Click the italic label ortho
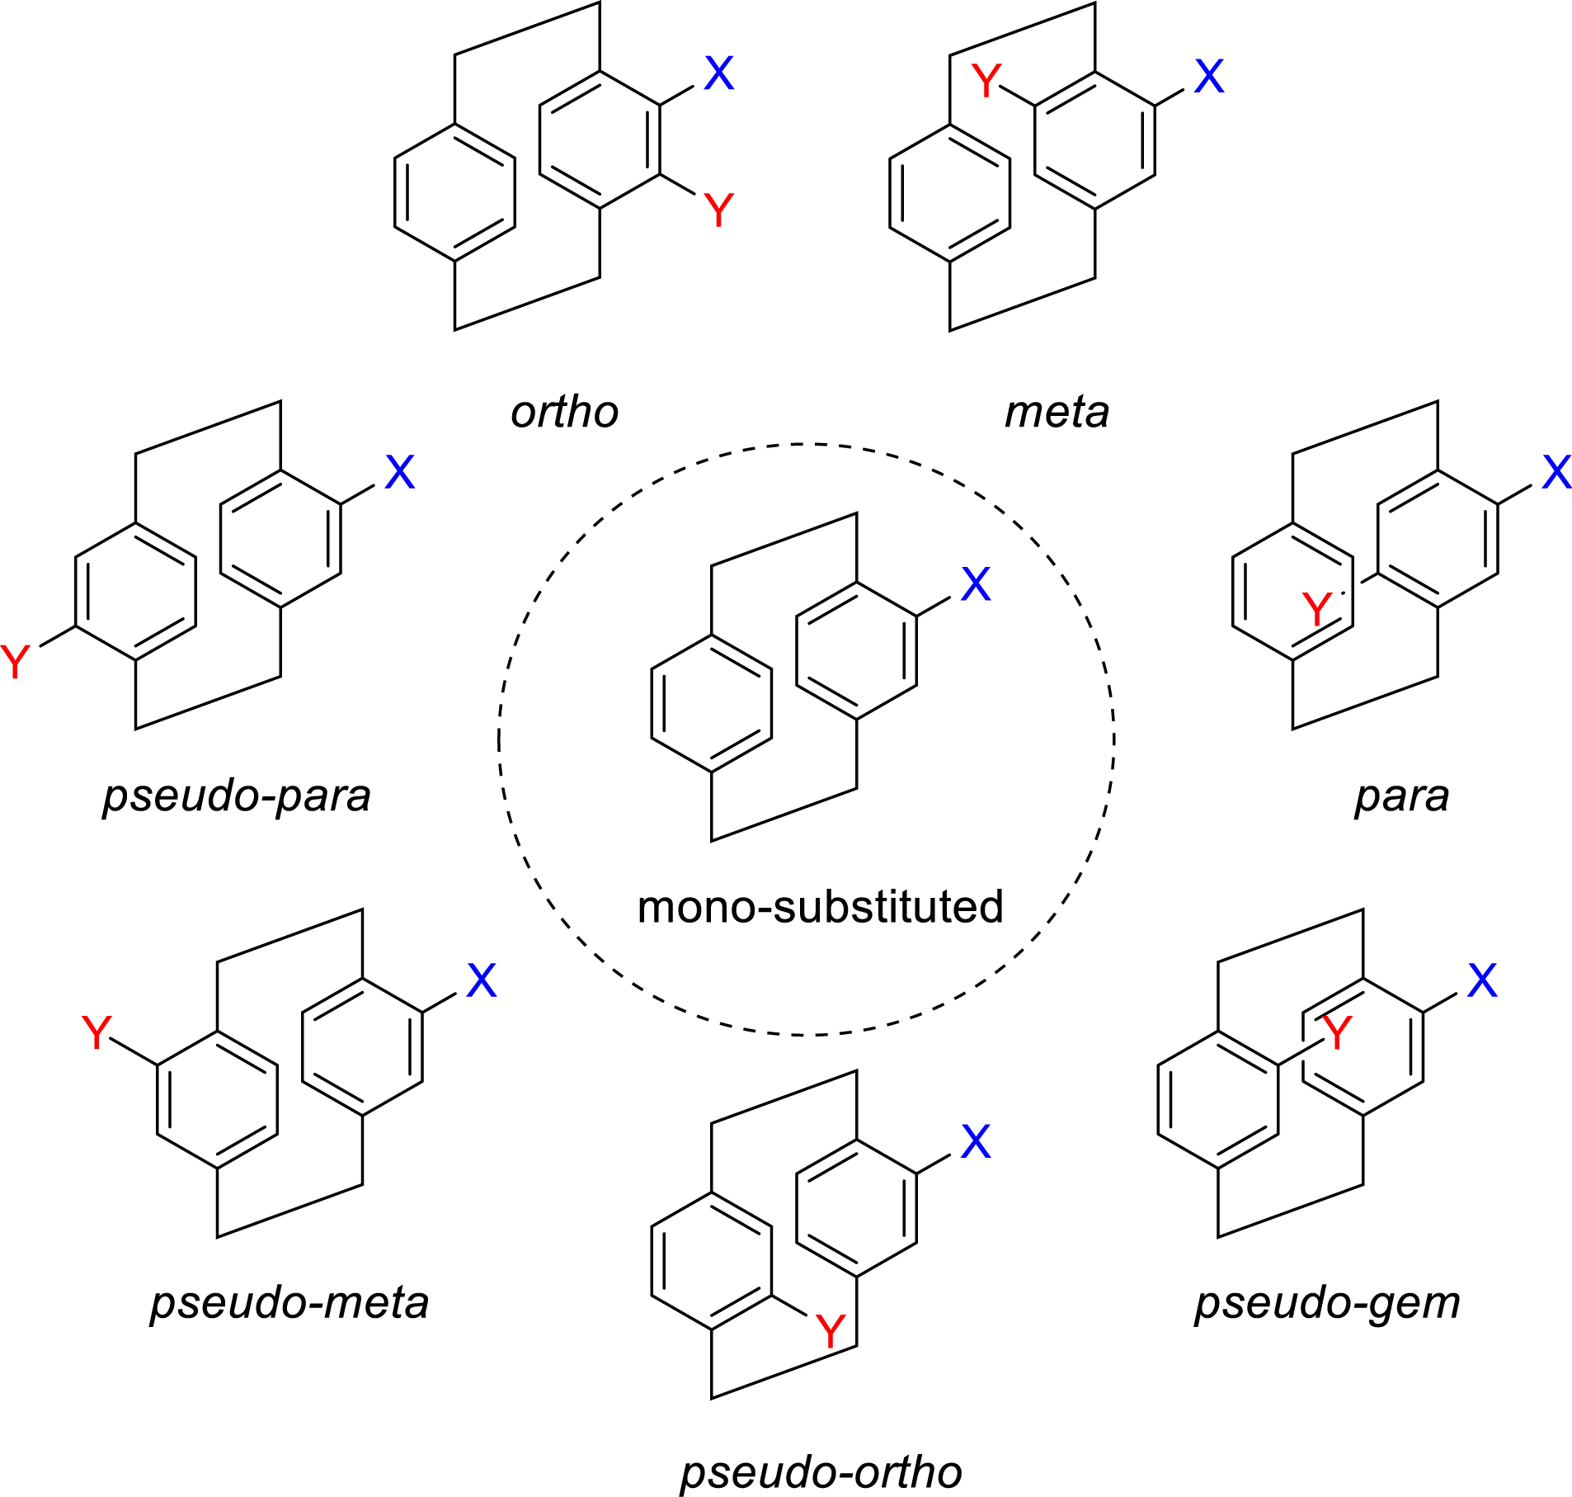tap(565, 412)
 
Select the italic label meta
tap(1057, 412)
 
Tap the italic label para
tap(1402, 796)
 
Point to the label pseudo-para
tap(237, 796)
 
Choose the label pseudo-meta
tap(289, 1303)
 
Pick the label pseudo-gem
tap(1328, 1303)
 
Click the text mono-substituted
tap(820, 907)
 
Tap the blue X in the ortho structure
tap(718, 74)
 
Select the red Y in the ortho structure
tap(718, 210)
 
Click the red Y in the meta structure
tap(986, 81)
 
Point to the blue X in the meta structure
tap(1209, 77)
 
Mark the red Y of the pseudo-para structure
tap(15, 662)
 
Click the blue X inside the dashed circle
tap(976, 584)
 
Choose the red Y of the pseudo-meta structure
tap(96, 1032)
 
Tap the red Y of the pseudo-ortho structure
tap(830, 1330)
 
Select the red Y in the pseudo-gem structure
tap(1337, 1032)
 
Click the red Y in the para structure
tap(1317, 610)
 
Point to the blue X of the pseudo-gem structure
tap(1482, 980)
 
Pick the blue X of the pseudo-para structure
tap(400, 473)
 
